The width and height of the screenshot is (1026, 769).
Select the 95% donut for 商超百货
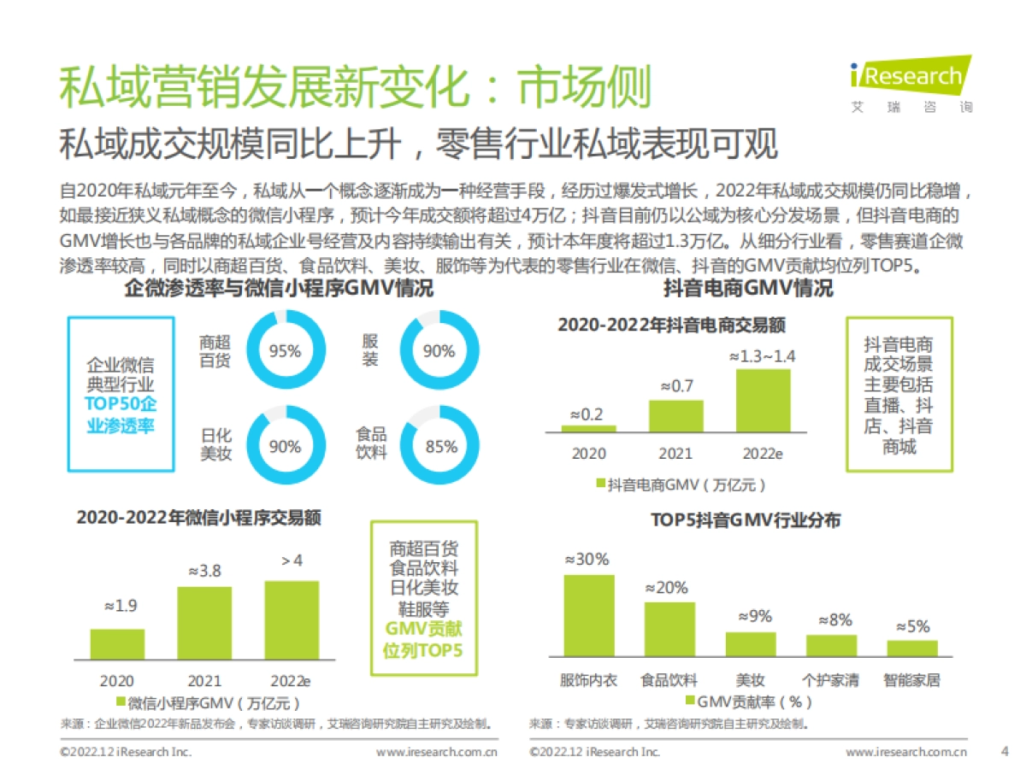[x=285, y=351]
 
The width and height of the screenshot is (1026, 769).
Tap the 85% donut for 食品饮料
[x=440, y=446]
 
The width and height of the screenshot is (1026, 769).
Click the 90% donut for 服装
[x=439, y=351]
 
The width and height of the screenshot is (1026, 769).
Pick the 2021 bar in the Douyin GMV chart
[x=675, y=415]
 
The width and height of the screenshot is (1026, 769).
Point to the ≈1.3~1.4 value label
[x=762, y=356]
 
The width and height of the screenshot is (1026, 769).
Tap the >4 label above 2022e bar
[x=292, y=561]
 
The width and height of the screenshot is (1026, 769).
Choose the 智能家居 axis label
[x=912, y=681]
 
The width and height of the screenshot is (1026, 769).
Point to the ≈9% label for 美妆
[x=751, y=615]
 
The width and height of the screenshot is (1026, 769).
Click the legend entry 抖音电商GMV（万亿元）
[x=681, y=484]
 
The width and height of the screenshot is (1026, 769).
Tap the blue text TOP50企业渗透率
[x=121, y=415]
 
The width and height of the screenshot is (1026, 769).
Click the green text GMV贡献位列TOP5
[x=424, y=641]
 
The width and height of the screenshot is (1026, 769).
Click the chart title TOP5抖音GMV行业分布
[x=746, y=520]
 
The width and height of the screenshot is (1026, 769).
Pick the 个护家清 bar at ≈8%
[x=831, y=645]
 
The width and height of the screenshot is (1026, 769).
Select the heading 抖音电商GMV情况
[x=748, y=289]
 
